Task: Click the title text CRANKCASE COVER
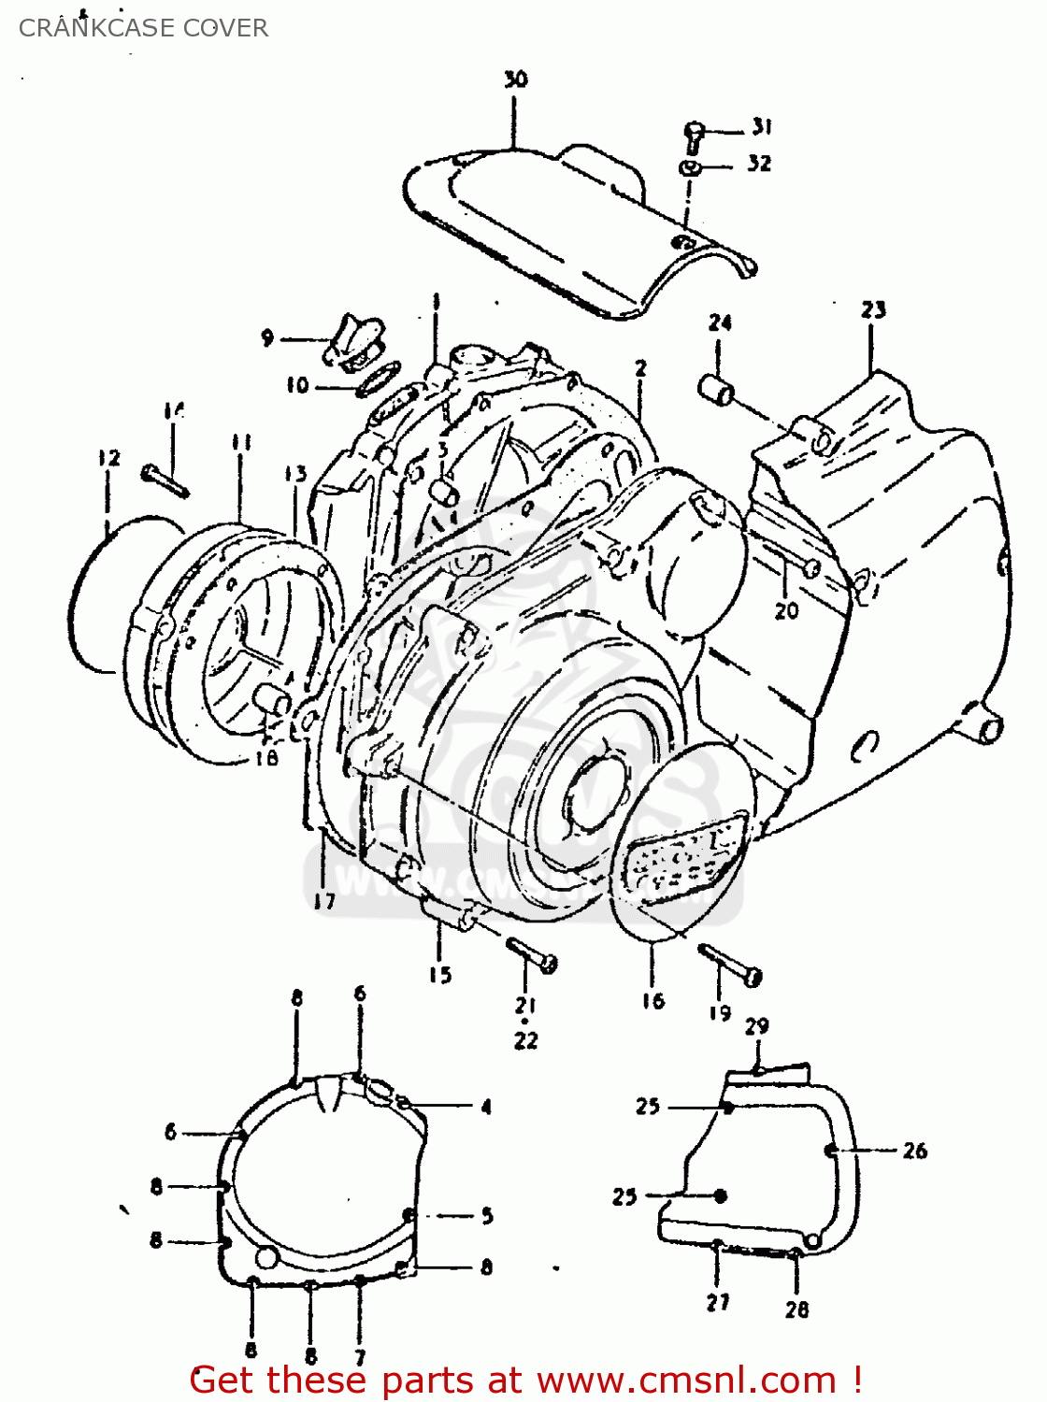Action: (x=143, y=28)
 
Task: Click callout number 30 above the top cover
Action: (x=515, y=79)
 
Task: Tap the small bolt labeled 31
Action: (x=694, y=136)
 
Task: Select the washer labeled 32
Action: (x=691, y=168)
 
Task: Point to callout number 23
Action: (x=873, y=309)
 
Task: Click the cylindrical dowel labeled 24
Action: (x=717, y=389)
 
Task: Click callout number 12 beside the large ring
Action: (x=108, y=457)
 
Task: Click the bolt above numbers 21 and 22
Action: (x=532, y=954)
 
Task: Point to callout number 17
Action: (x=323, y=901)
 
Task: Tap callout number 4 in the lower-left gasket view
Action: (x=486, y=1108)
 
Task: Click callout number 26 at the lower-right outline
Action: (x=914, y=1151)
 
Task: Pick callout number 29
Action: (x=756, y=1026)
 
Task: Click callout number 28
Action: (x=796, y=1309)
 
